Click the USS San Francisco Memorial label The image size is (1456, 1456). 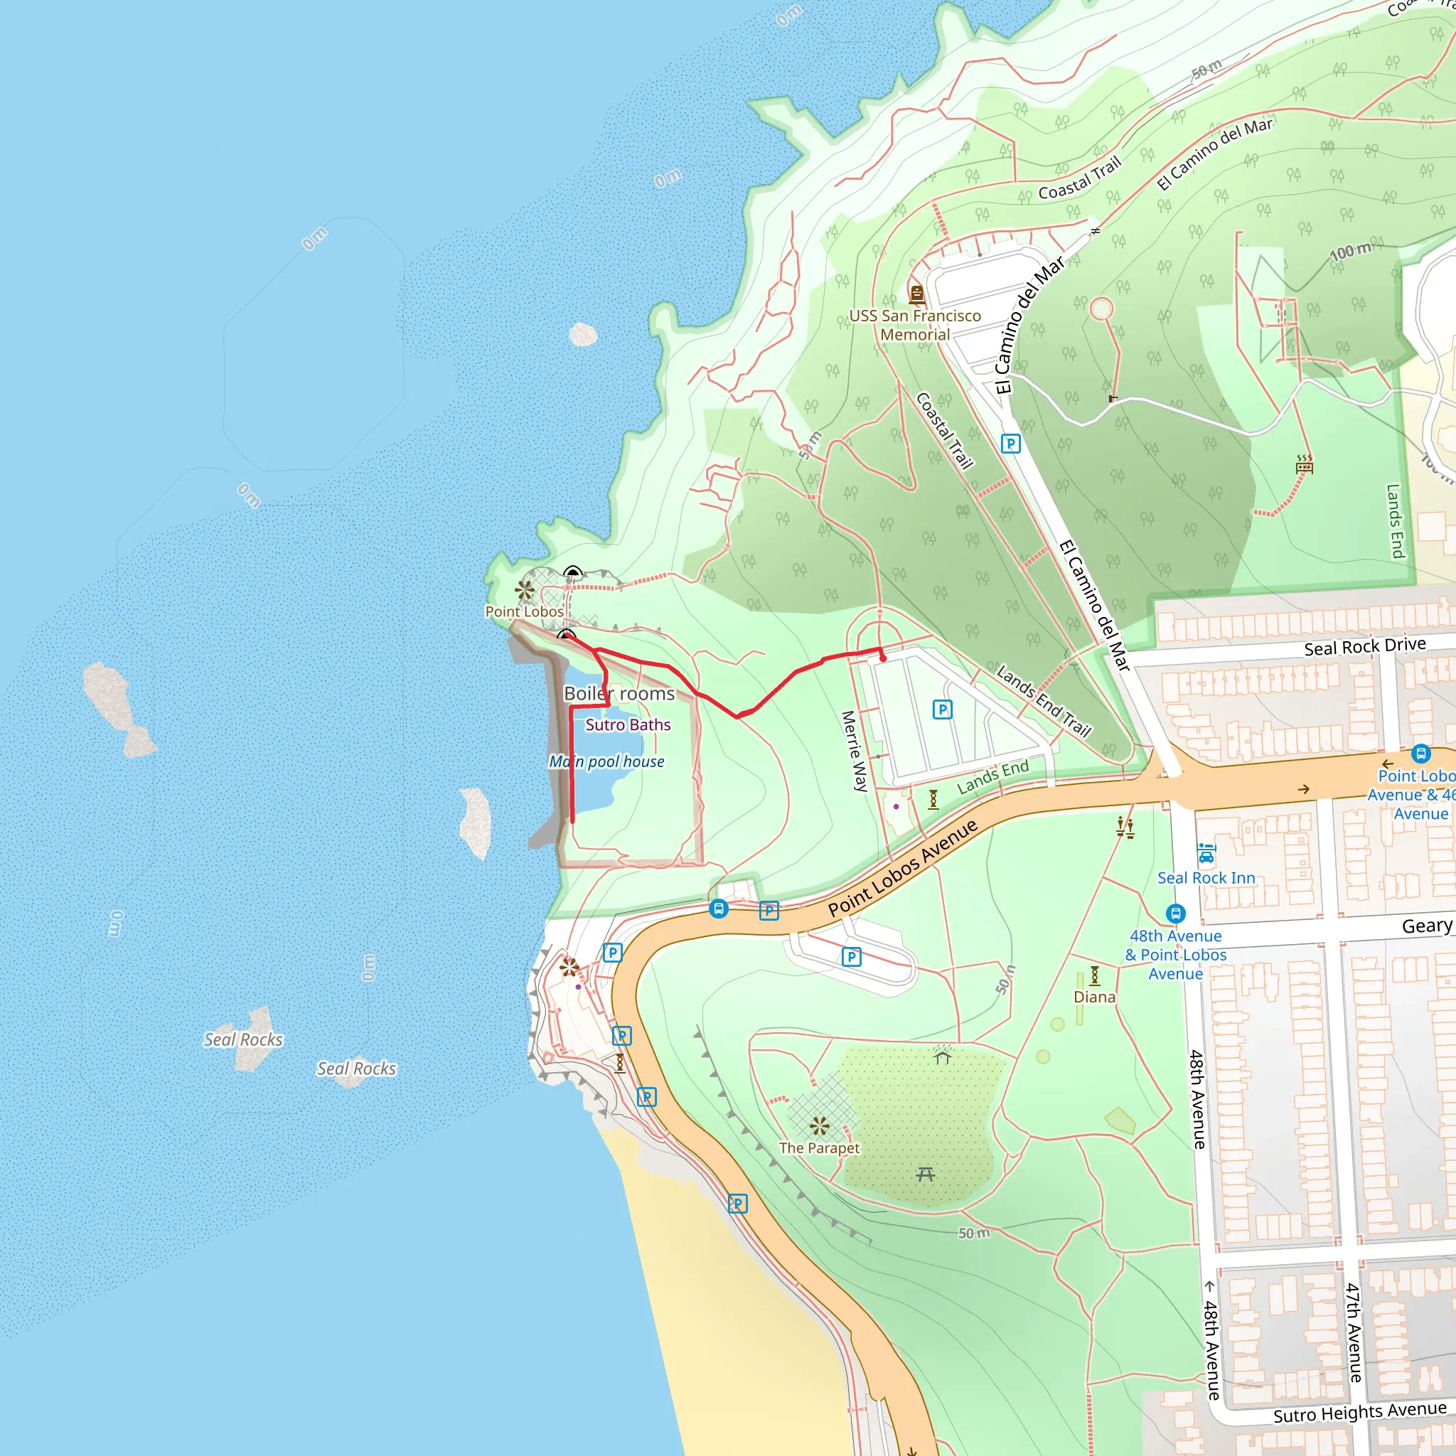pos(915,325)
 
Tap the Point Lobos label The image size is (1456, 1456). pos(524,611)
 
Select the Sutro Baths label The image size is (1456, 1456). pos(628,724)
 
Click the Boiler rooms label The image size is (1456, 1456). pos(619,693)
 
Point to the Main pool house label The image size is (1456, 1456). pos(606,761)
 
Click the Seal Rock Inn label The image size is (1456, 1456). pos(1206,877)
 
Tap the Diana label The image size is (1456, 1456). pos(1094,996)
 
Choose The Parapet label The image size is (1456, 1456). pos(819,1147)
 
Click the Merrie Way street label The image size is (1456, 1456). pos(855,751)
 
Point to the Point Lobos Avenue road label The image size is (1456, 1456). pos(903,867)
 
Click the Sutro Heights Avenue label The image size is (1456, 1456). pos(1359,1411)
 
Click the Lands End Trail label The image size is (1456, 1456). pos(1044,700)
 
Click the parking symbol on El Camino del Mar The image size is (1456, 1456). pos(1011,443)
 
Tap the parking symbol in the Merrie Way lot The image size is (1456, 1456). pos(942,709)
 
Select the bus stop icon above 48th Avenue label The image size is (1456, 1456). pos(1176,914)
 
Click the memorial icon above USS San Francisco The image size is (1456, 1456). pos(916,293)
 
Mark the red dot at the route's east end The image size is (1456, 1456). pos(883,658)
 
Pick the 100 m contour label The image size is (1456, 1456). pos(1351,252)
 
